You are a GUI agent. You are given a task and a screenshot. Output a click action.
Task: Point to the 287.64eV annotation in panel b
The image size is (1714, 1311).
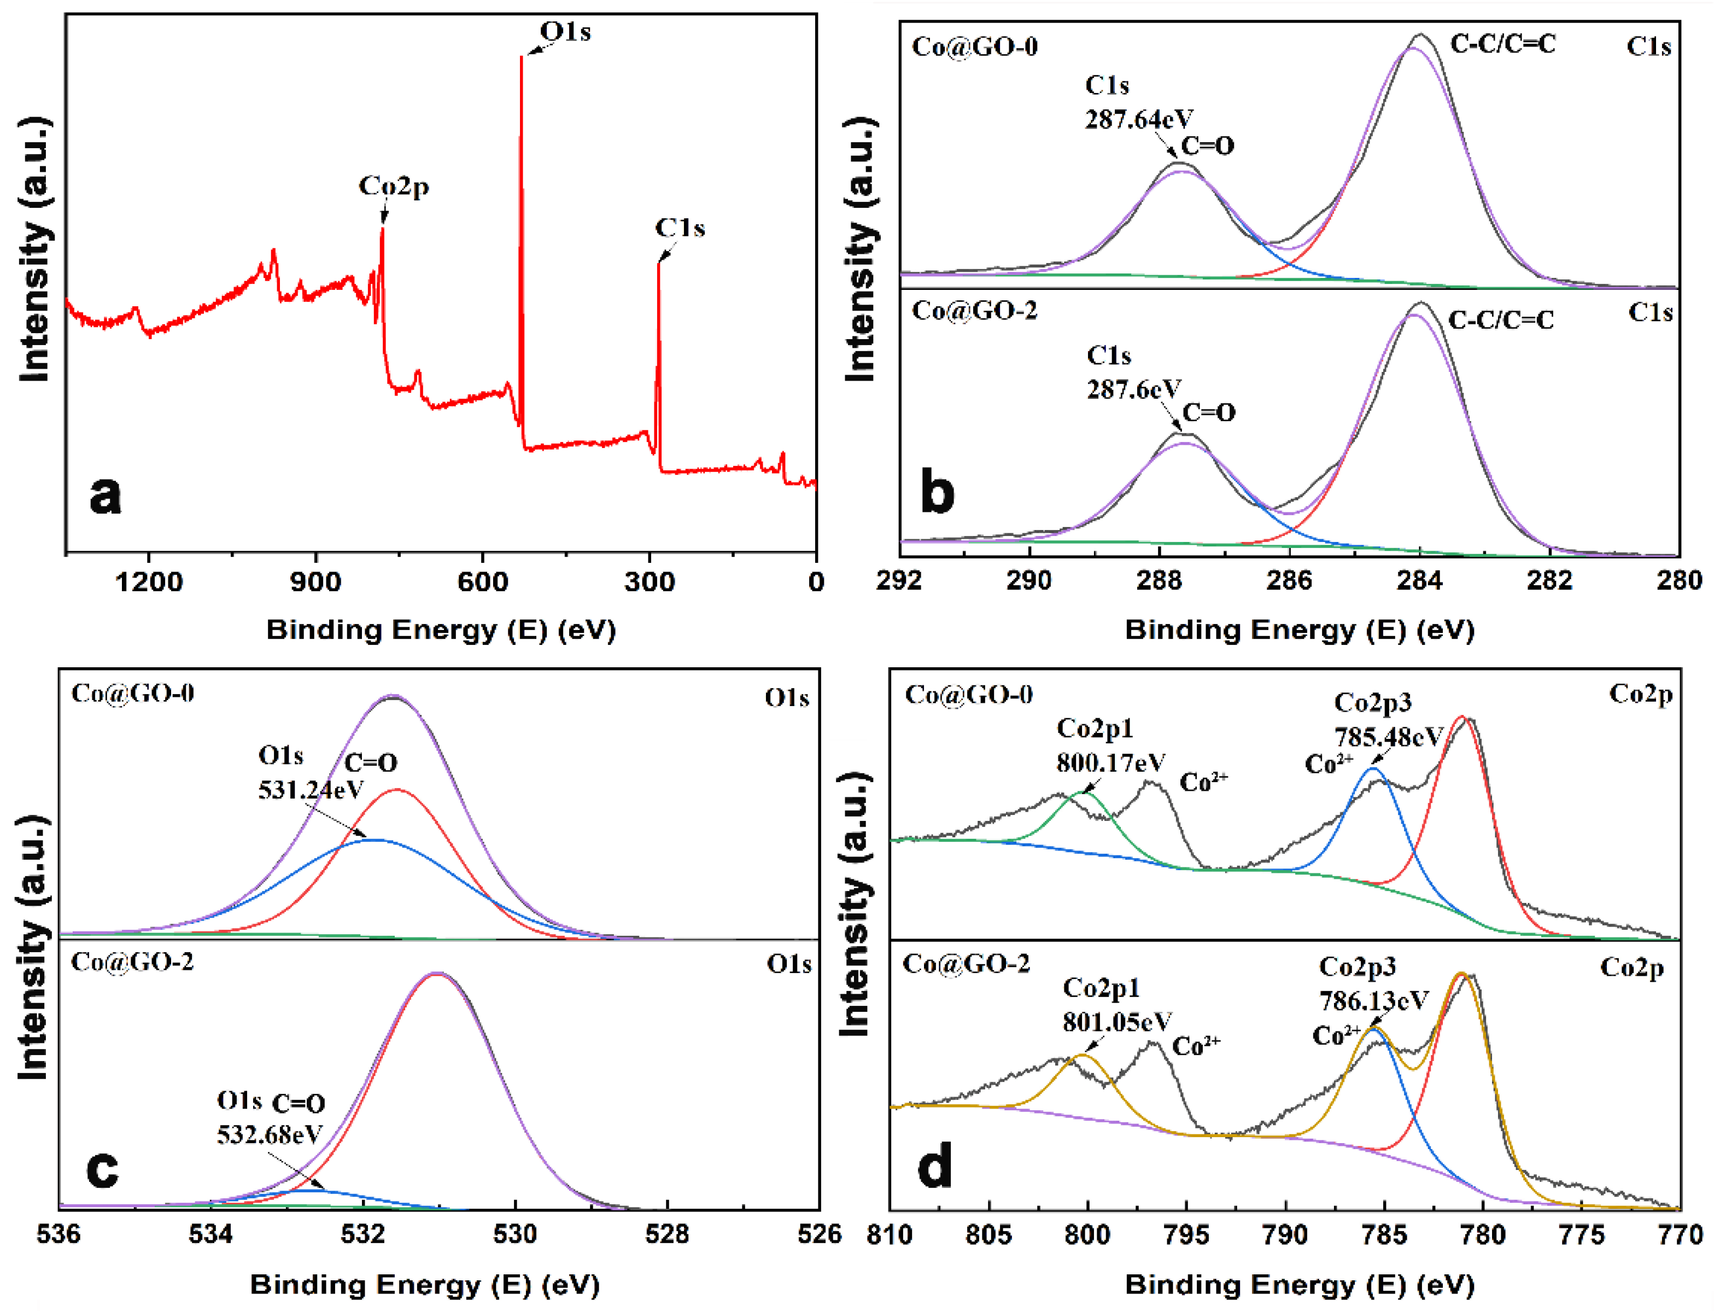[x=1139, y=119]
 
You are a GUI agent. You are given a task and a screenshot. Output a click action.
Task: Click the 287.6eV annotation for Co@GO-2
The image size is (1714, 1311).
[x=1134, y=389]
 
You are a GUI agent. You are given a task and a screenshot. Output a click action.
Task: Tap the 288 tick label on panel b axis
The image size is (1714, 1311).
[x=1159, y=581]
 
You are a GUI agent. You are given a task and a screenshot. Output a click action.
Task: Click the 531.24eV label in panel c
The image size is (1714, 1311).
[x=311, y=790]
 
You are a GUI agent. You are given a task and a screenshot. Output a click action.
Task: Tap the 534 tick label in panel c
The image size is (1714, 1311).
[x=210, y=1234]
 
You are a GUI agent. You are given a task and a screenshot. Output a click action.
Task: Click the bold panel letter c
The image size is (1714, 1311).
[x=102, y=1168]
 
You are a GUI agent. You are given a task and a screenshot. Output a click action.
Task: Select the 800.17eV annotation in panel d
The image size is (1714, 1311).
[x=1111, y=762]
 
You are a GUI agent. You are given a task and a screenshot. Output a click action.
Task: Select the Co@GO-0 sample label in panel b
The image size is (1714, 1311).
[x=974, y=47]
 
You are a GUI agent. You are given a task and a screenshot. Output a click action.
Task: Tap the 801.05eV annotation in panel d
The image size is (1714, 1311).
[x=1116, y=1022]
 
